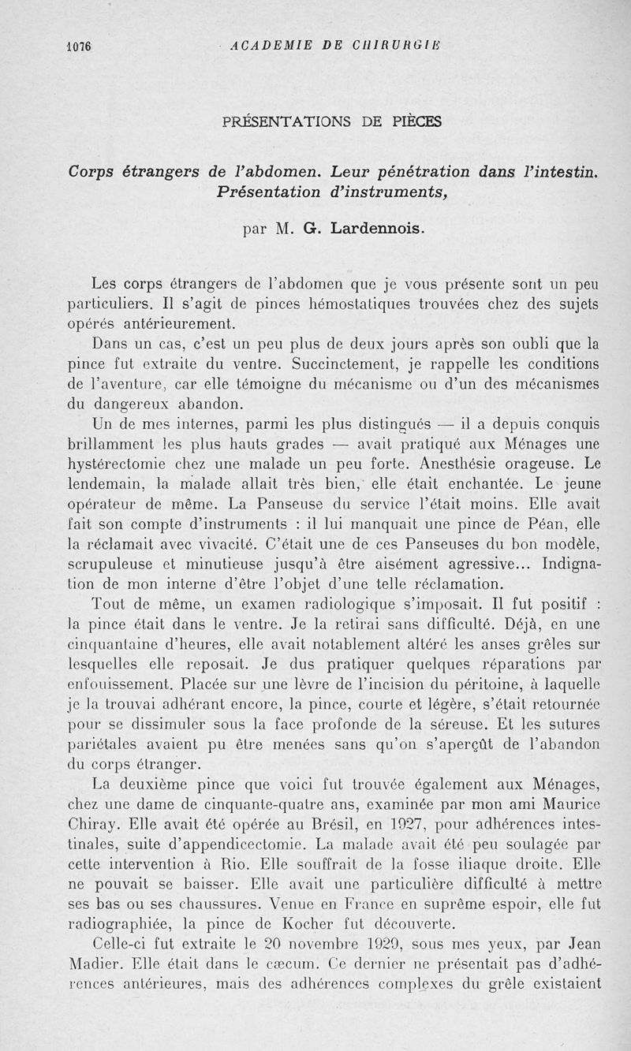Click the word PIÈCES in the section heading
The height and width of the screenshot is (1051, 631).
pyautogui.click(x=415, y=121)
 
